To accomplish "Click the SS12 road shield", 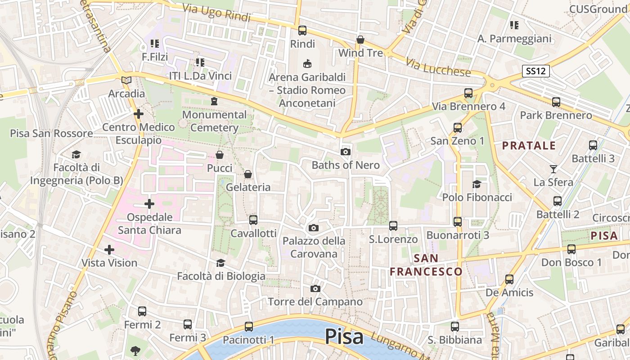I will coord(536,71).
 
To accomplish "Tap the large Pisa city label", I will coord(344,336).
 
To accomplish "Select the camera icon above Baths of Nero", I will coord(346,152).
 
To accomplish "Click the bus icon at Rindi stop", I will coord(302,31).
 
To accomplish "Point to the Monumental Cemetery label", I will coord(215,121).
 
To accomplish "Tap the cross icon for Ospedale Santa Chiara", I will coord(149,204).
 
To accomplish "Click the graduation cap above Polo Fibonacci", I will coord(477,184).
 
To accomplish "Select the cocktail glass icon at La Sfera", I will coord(553,169).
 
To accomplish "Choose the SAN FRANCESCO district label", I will coord(426,265).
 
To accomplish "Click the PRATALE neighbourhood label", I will coord(529,145).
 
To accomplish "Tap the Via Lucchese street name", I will coord(438,67).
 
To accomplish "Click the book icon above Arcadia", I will coord(127,81).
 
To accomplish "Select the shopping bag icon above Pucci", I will coord(220,155).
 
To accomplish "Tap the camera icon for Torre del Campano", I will coord(315,288).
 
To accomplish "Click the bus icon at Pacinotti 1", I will coord(249,327).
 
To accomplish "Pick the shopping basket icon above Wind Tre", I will coord(360,40).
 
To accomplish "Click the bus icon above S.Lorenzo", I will coord(393,225).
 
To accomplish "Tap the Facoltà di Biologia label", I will coord(221,276).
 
